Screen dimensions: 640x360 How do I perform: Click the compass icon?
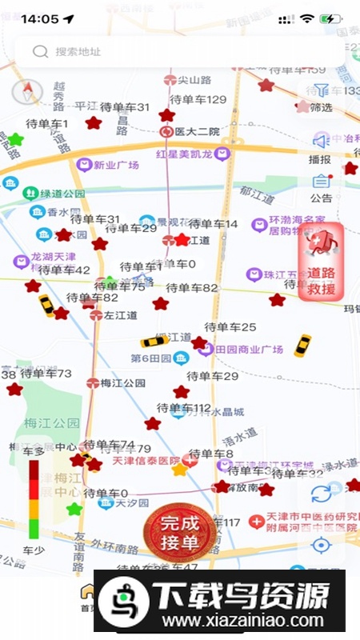coord(26,92)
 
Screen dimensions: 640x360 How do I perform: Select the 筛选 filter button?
coord(321,97)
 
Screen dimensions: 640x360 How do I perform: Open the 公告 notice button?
coord(321,188)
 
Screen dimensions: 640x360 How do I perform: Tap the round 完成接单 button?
coord(179,532)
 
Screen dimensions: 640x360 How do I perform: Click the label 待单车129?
coord(198,99)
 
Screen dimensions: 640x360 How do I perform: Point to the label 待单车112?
coord(184,408)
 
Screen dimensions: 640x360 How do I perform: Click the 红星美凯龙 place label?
coord(184,154)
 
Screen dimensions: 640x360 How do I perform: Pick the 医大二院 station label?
coord(197,132)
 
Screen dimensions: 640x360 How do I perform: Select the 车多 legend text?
coord(34,452)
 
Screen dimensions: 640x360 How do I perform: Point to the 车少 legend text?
coord(34,551)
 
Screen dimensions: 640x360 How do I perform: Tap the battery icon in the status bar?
coord(330,18)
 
